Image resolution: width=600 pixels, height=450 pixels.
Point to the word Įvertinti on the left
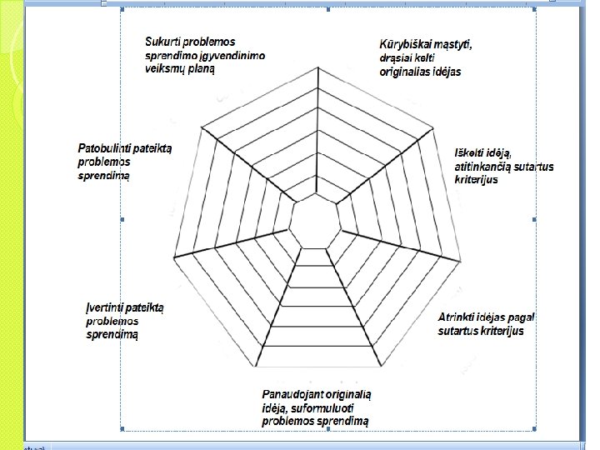(x=108, y=308)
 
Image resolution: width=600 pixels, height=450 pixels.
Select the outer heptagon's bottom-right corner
(x=382, y=366)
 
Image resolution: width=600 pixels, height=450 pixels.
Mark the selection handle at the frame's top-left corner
(x=122, y=10)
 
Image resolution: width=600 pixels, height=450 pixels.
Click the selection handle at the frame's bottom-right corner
(x=533, y=429)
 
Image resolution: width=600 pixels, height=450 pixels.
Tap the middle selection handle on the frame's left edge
(x=122, y=219)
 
